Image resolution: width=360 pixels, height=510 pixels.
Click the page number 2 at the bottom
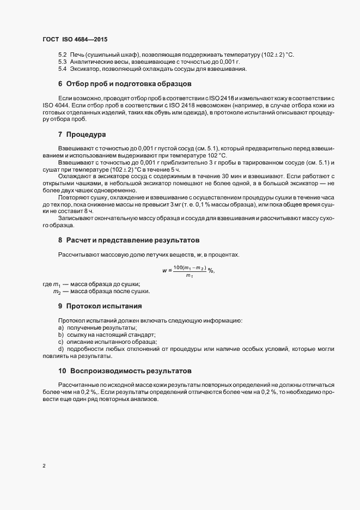[44, 466]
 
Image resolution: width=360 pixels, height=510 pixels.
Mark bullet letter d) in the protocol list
[61, 349]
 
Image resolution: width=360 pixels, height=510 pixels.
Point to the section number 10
[62, 371]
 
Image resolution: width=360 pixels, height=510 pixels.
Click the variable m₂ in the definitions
[57, 292]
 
